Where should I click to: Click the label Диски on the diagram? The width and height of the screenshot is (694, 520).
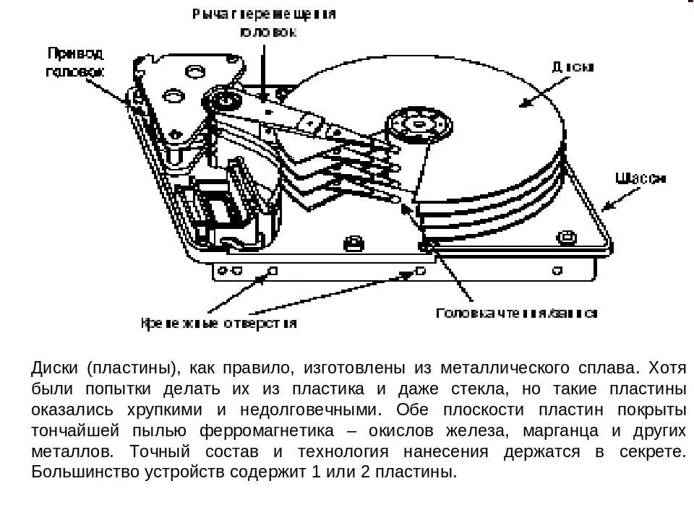[573, 67]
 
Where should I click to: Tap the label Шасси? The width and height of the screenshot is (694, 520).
[641, 178]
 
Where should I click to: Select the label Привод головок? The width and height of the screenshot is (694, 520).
[75, 62]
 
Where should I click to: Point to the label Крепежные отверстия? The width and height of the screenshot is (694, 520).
[218, 324]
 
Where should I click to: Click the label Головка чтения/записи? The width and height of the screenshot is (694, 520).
[517, 313]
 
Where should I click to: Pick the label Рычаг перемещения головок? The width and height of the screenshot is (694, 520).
[265, 22]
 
